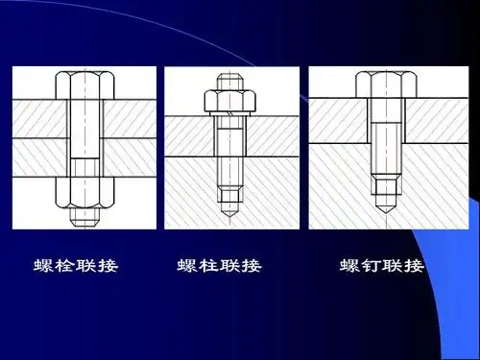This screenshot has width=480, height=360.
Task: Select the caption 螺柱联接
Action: tap(220, 266)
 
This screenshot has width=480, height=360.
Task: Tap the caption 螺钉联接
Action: tap(381, 266)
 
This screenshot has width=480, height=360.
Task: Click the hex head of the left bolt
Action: tap(84, 85)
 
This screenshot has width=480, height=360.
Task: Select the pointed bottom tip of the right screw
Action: tap(382, 205)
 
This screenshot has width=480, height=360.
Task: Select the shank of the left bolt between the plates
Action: tap(84, 139)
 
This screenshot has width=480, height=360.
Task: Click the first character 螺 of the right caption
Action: tap(349, 266)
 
